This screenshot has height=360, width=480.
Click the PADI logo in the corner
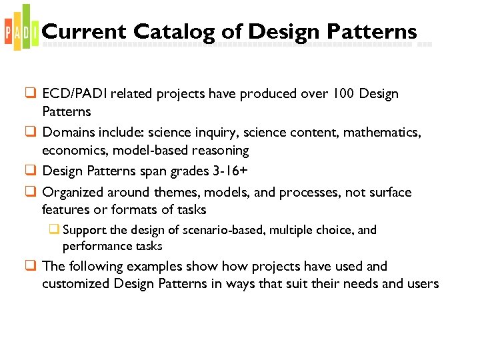coord(20,28)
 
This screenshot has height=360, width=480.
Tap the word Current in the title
coord(83,31)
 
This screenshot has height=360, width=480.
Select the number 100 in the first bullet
coord(343,94)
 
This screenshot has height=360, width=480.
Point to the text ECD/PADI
coord(73,94)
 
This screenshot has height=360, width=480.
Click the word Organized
coord(73,193)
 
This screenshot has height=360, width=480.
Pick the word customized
coord(75,284)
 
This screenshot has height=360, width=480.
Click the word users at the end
coord(422,284)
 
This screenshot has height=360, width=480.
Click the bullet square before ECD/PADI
coord(31,94)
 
